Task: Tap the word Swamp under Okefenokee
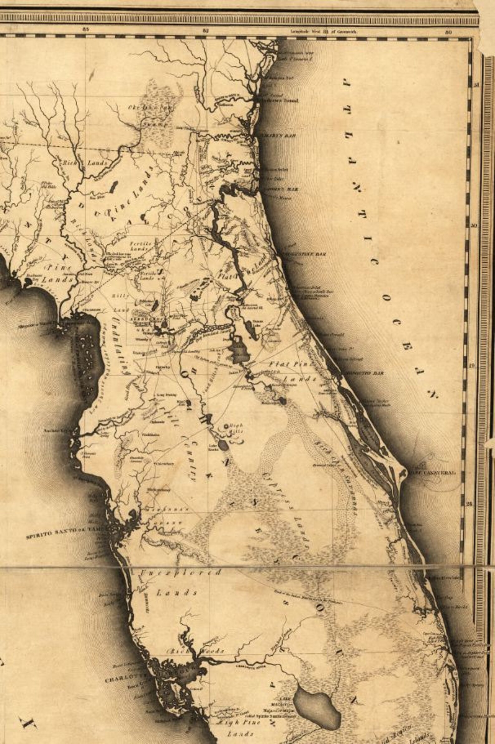pos(151,125)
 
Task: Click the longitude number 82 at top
pos(206,31)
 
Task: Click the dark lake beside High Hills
pos(223,445)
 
